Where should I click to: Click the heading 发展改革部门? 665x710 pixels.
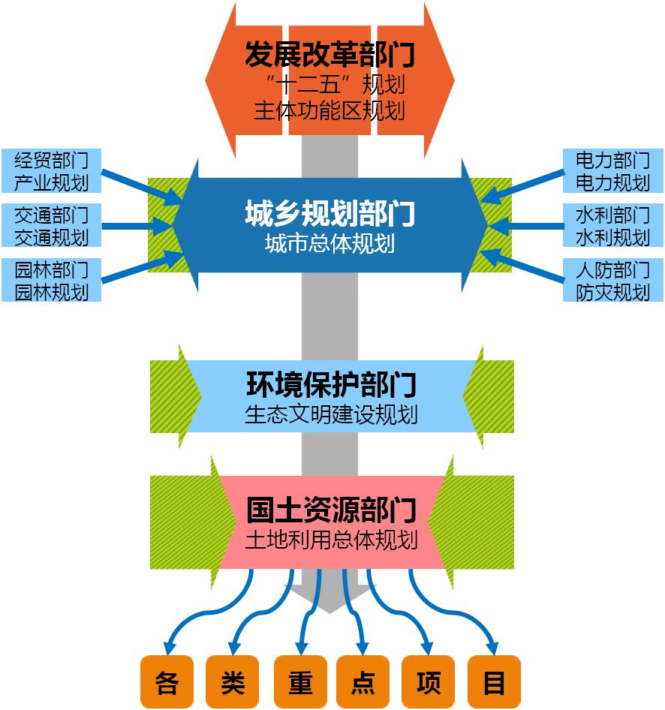tap(329, 55)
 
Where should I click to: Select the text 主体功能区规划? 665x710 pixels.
tap(329, 111)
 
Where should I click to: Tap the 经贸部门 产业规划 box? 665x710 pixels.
tap(51, 170)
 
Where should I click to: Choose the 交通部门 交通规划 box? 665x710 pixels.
tap(51, 226)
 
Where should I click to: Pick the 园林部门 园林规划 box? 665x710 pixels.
tap(51, 280)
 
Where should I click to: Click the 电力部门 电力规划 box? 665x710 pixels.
tap(612, 170)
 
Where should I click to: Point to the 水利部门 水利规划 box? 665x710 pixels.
tap(612, 226)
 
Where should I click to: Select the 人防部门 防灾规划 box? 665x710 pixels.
tap(612, 280)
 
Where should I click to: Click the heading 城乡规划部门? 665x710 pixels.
tap(329, 215)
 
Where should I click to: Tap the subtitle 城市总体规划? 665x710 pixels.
tap(329, 244)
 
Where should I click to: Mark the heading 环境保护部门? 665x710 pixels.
tap(331, 385)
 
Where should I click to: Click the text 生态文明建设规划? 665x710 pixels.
tap(331, 414)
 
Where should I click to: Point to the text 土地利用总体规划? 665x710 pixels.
tap(331, 540)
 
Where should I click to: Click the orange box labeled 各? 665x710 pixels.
tap(167, 682)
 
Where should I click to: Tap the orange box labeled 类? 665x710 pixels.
tap(232, 682)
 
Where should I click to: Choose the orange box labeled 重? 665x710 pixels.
tap(300, 682)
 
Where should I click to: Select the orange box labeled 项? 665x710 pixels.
tap(429, 682)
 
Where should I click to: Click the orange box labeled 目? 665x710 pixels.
tap(494, 682)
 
